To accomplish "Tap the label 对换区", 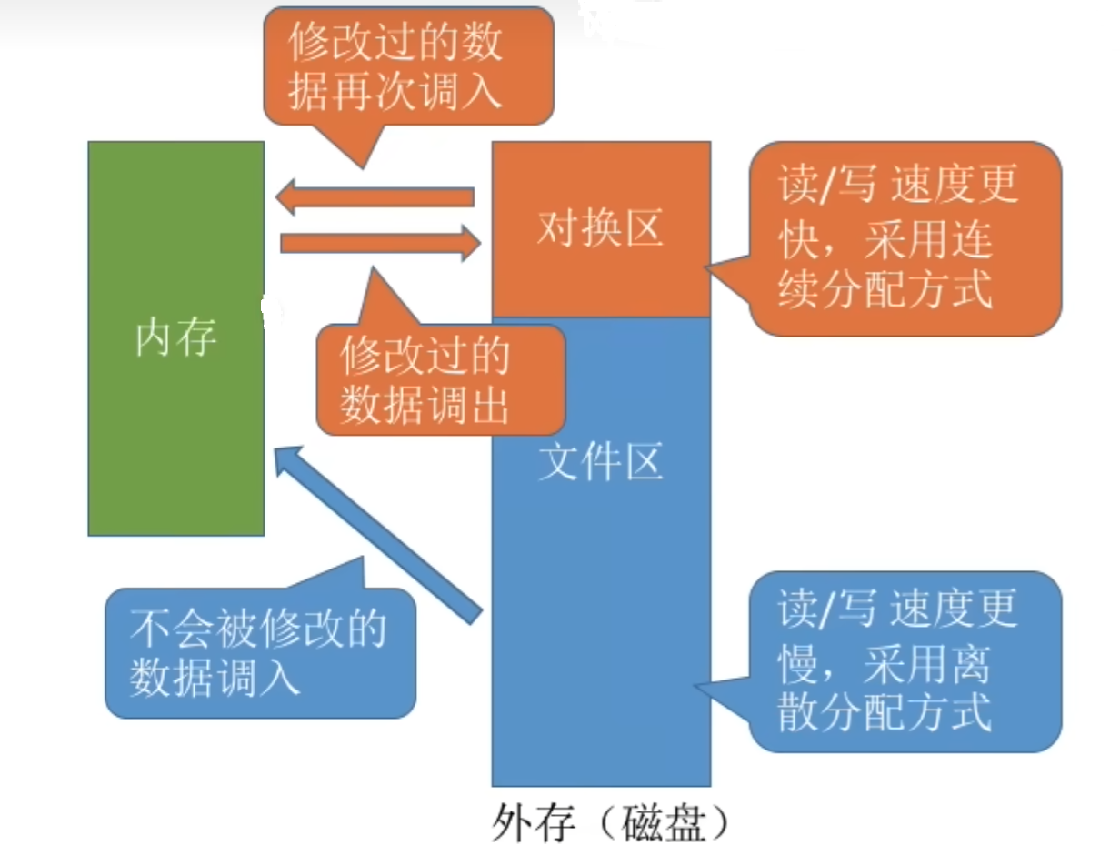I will [600, 229].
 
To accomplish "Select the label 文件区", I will [600, 463].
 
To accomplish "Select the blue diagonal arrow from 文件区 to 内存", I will [376, 533].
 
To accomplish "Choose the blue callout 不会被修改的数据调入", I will [260, 653].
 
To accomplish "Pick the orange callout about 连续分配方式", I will [904, 238].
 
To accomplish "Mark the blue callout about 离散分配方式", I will [905, 661].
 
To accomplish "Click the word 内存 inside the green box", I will [175, 338].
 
